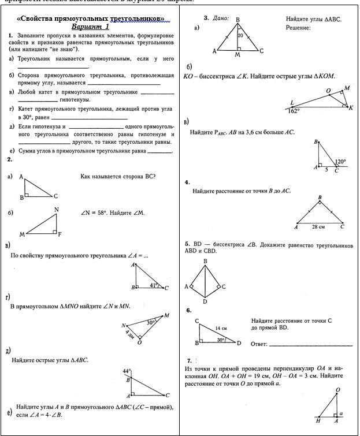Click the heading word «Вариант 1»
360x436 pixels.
pyautogui.click(x=90, y=27)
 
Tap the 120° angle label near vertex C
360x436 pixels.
pyautogui.click(x=340, y=162)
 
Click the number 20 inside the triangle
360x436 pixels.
pyautogui.click(x=240, y=35)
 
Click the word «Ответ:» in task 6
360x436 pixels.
pyautogui.click(x=259, y=344)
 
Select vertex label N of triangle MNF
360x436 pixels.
pyautogui.click(x=56, y=209)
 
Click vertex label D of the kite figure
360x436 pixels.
pyautogui.click(x=205, y=301)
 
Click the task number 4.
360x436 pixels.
pyautogui.click(x=187, y=182)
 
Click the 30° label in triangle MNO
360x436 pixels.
pyautogui.click(x=151, y=322)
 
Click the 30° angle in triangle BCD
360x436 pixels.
pyautogui.click(x=221, y=340)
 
